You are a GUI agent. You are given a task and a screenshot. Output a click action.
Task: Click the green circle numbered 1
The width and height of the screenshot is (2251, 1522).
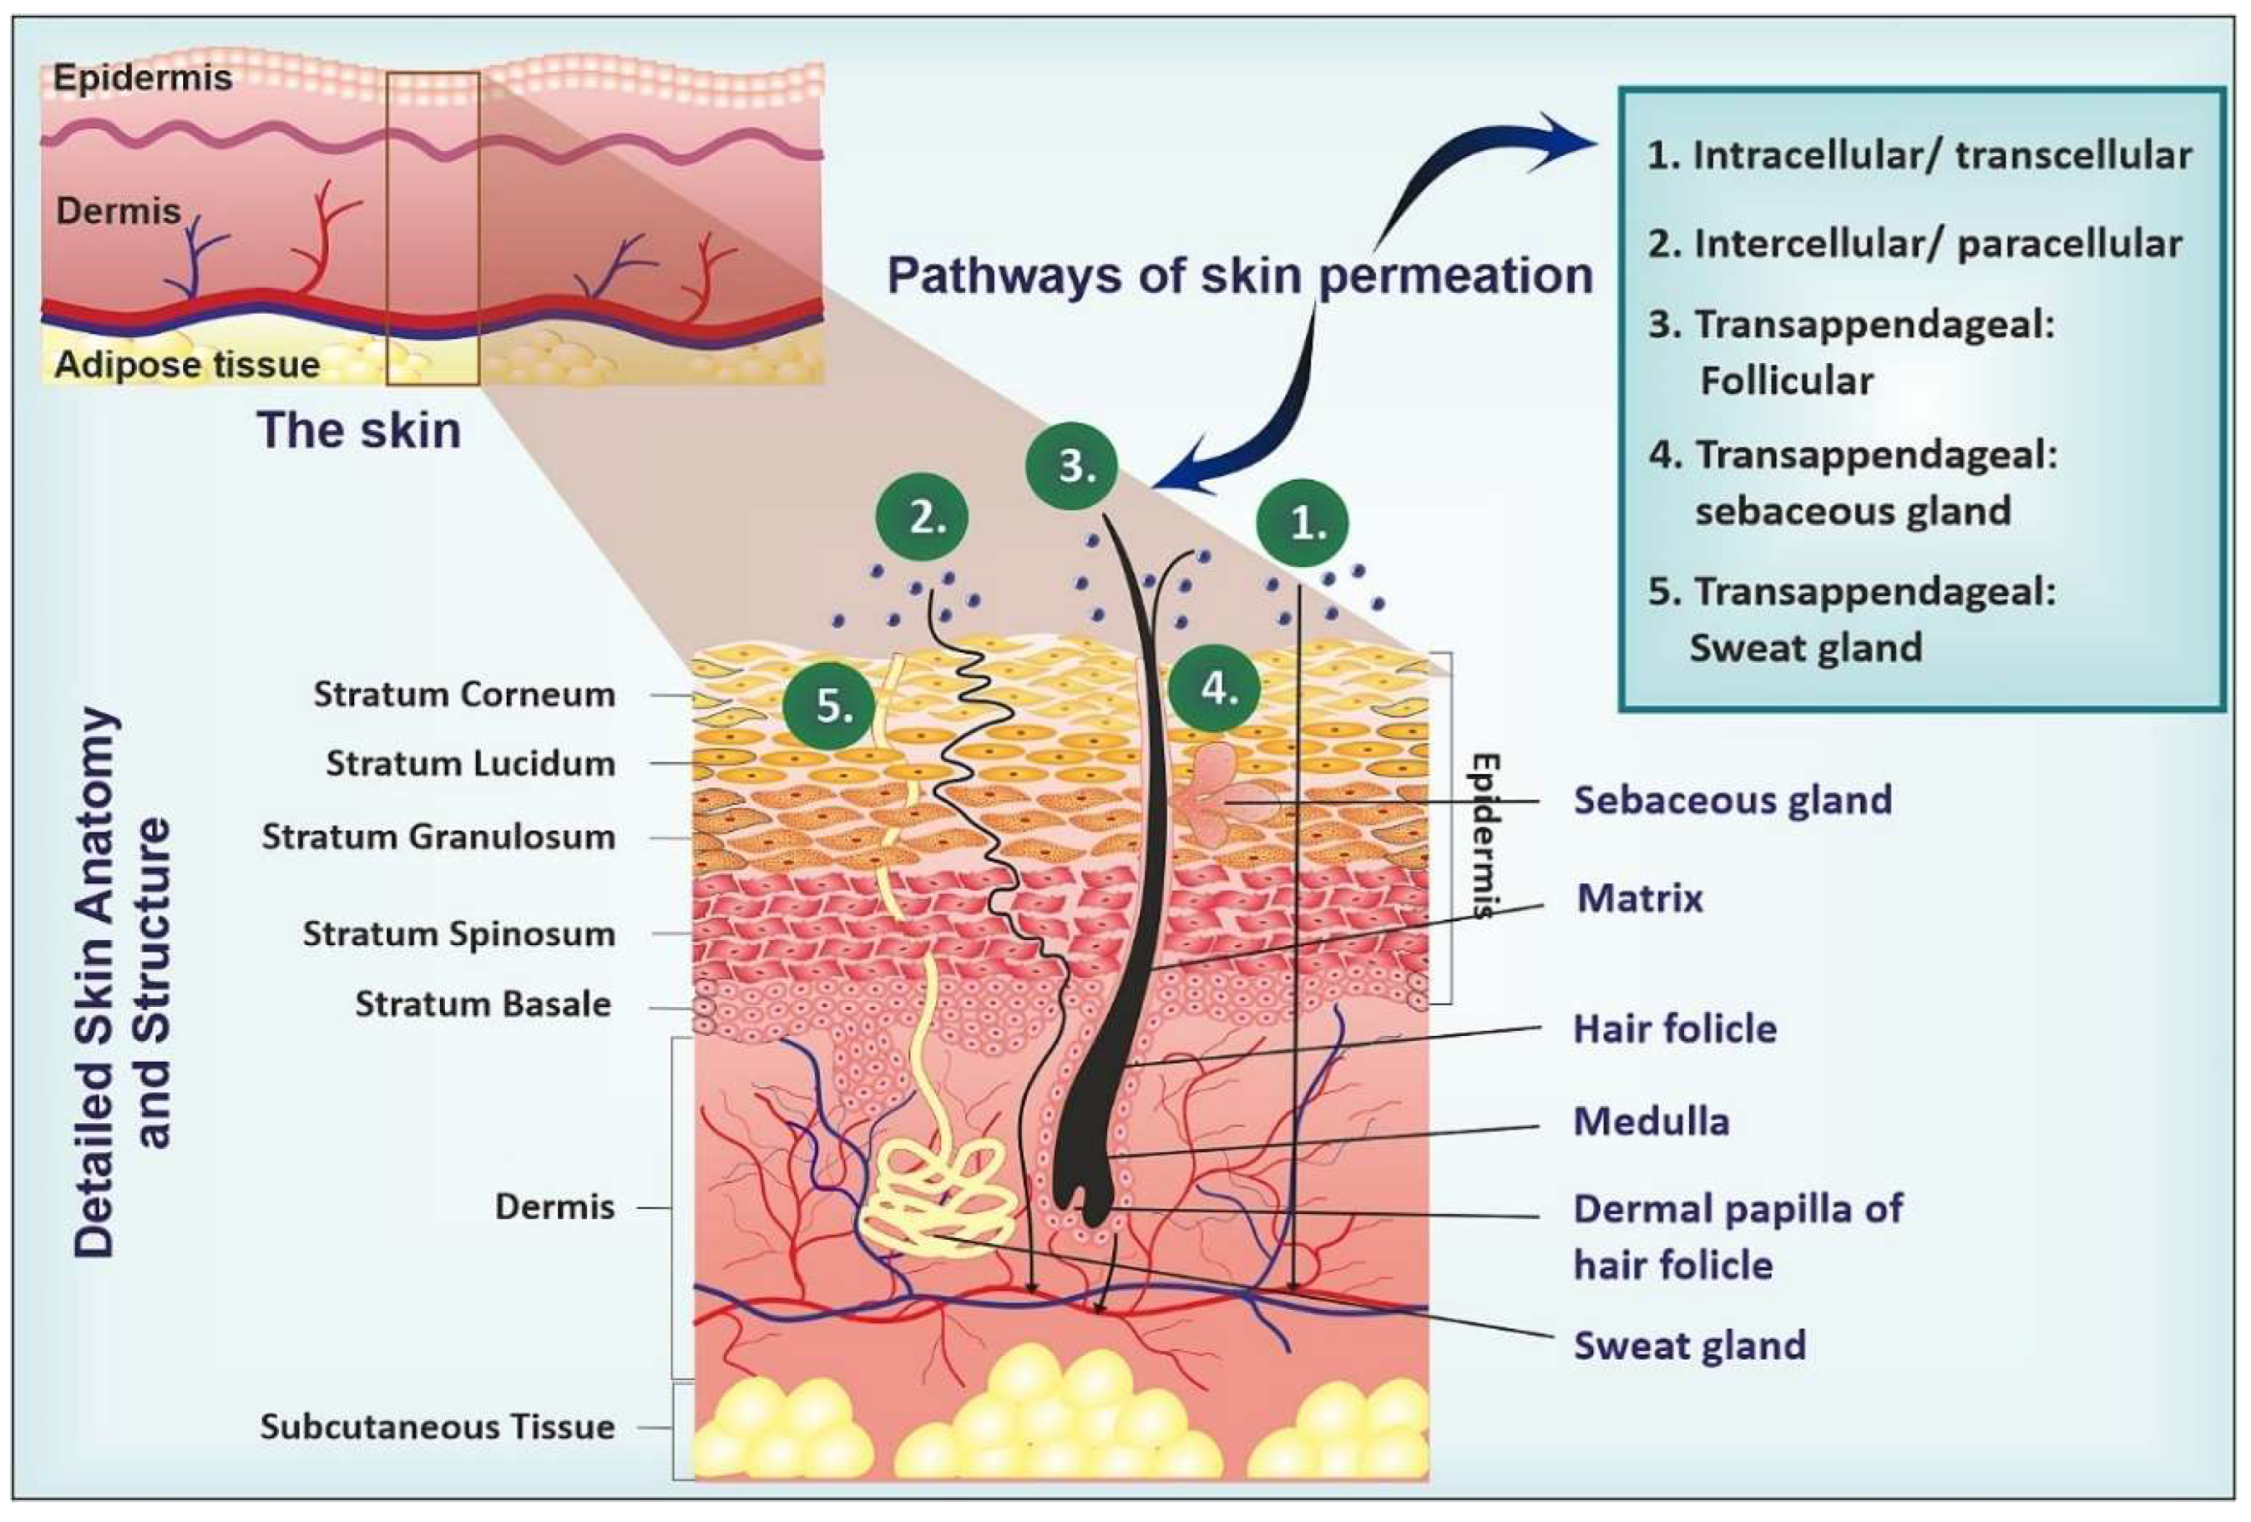tap(1303, 523)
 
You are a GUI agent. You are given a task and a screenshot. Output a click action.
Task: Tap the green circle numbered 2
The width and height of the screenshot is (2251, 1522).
tap(922, 518)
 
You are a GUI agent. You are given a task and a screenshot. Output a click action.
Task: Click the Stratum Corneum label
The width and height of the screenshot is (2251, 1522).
tap(464, 695)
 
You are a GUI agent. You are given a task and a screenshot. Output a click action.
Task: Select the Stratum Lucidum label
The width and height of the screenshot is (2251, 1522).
tap(470, 763)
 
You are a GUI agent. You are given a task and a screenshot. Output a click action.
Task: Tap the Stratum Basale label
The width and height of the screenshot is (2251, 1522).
tap(483, 1004)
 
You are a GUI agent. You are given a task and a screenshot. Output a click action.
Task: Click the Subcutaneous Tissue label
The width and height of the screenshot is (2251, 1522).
tap(437, 1427)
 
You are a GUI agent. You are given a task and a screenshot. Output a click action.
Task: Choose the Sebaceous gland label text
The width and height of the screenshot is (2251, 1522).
tap(1732, 800)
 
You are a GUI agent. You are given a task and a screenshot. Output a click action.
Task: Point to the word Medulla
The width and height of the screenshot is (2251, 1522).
tap(1651, 1122)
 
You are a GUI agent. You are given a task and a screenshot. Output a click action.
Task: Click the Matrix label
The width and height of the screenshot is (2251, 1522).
tap(1639, 898)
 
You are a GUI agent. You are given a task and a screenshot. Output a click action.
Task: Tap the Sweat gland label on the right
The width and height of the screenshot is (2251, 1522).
tap(1689, 1346)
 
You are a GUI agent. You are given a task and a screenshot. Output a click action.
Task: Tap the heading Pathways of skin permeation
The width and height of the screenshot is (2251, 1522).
tap(1240, 276)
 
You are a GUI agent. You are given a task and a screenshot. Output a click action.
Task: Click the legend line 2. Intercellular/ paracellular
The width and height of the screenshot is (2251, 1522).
tap(1914, 244)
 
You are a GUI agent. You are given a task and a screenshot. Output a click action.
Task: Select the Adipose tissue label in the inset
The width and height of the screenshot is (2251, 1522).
tap(187, 365)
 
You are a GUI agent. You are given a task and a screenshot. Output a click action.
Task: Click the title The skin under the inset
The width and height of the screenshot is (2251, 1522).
tap(358, 430)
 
